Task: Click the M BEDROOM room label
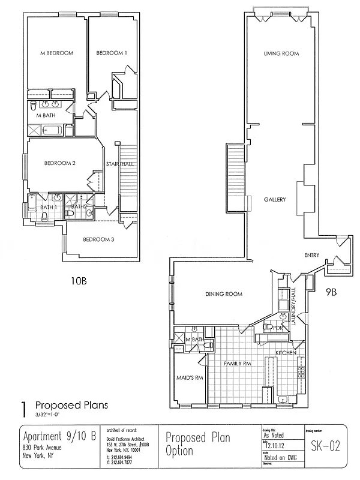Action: coord(56,53)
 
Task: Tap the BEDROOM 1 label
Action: coord(112,53)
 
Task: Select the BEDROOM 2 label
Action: coord(59,163)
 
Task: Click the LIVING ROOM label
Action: coord(281,54)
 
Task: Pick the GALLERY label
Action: coord(274,200)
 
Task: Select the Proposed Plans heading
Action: coord(71,405)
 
